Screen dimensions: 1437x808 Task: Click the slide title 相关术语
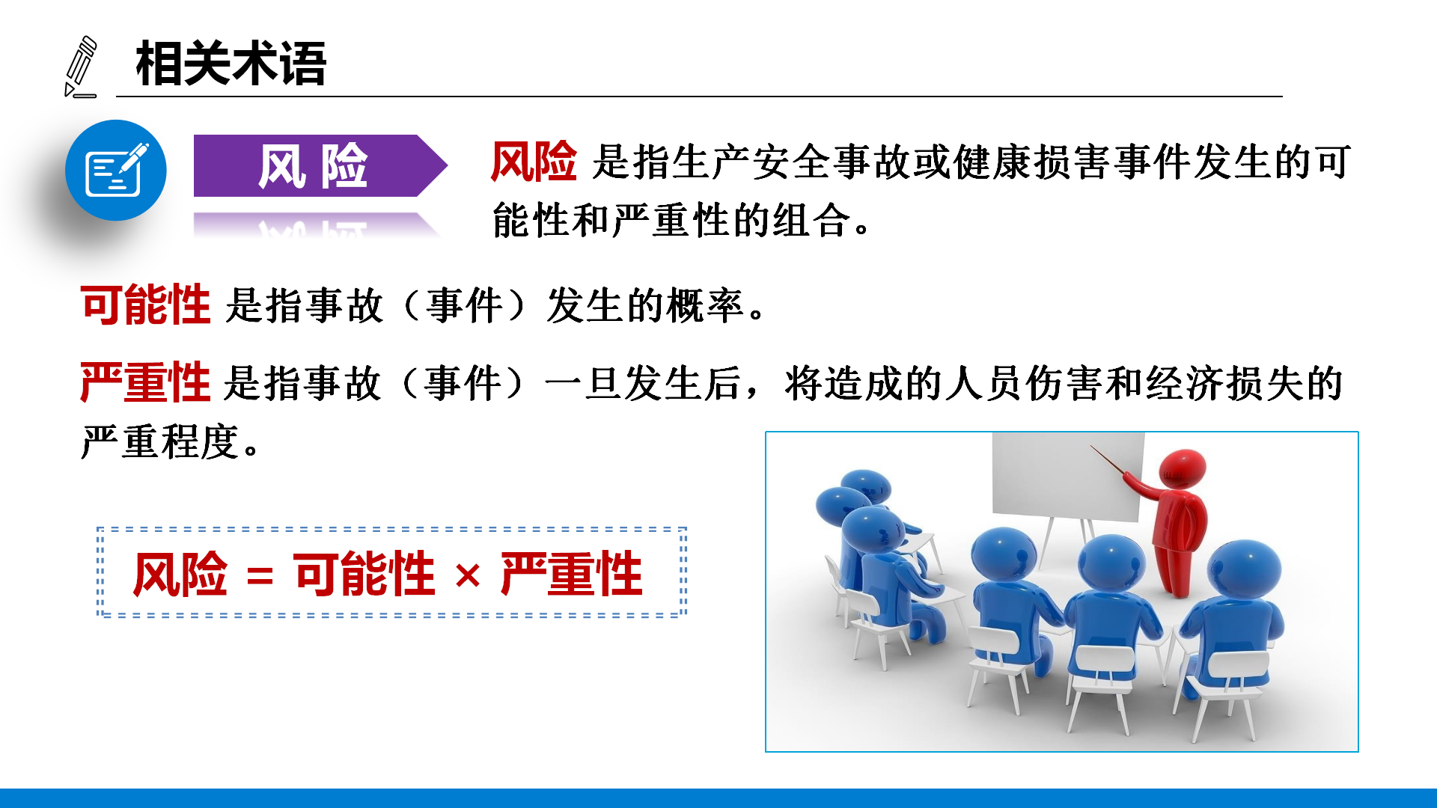pyautogui.click(x=231, y=64)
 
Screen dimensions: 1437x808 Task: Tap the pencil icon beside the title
pyautogui.click(x=81, y=67)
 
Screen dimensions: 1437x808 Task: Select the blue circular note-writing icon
pyautogui.click(x=116, y=170)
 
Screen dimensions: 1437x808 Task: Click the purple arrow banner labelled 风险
pyautogui.click(x=320, y=165)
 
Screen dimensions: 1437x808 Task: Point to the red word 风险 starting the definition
pyautogui.click(x=534, y=162)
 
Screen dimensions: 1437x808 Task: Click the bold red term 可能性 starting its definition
pyautogui.click(x=145, y=304)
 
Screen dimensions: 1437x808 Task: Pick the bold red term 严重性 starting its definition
pyautogui.click(x=145, y=382)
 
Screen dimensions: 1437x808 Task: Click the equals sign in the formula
pyautogui.click(x=260, y=576)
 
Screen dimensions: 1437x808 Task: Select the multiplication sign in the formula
pyautogui.click(x=468, y=576)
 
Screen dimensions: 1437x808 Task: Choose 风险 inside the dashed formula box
pyautogui.click(x=180, y=574)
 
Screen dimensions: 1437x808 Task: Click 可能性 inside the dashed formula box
pyautogui.click(x=364, y=574)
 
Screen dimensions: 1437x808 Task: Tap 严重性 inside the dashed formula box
pyautogui.click(x=572, y=574)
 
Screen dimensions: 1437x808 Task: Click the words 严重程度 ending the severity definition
pyautogui.click(x=160, y=441)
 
